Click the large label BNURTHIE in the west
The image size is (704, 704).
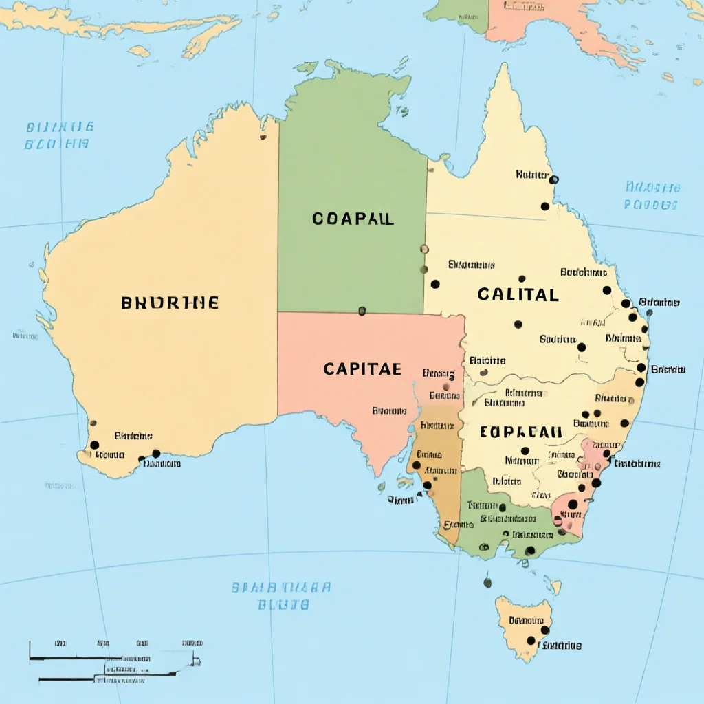(x=170, y=302)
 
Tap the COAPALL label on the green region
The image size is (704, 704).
(x=353, y=219)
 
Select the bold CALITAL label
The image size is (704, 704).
(x=518, y=294)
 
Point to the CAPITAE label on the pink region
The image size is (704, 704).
(x=362, y=369)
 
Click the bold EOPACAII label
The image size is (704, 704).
(x=520, y=432)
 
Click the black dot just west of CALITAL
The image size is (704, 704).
(x=435, y=284)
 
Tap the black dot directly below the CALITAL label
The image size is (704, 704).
(x=518, y=324)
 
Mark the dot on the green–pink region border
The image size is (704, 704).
(x=362, y=311)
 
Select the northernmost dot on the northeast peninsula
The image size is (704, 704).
(x=554, y=179)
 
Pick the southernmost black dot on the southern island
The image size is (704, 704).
(x=531, y=641)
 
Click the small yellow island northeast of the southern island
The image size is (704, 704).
(x=553, y=586)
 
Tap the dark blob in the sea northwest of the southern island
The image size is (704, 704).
(x=487, y=582)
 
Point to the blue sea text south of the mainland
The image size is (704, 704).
(x=281, y=595)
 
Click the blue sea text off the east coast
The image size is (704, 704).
(x=652, y=196)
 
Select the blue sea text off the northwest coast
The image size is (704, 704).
(x=58, y=135)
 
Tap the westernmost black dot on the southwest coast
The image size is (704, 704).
(x=95, y=445)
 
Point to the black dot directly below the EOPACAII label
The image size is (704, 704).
(x=525, y=451)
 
